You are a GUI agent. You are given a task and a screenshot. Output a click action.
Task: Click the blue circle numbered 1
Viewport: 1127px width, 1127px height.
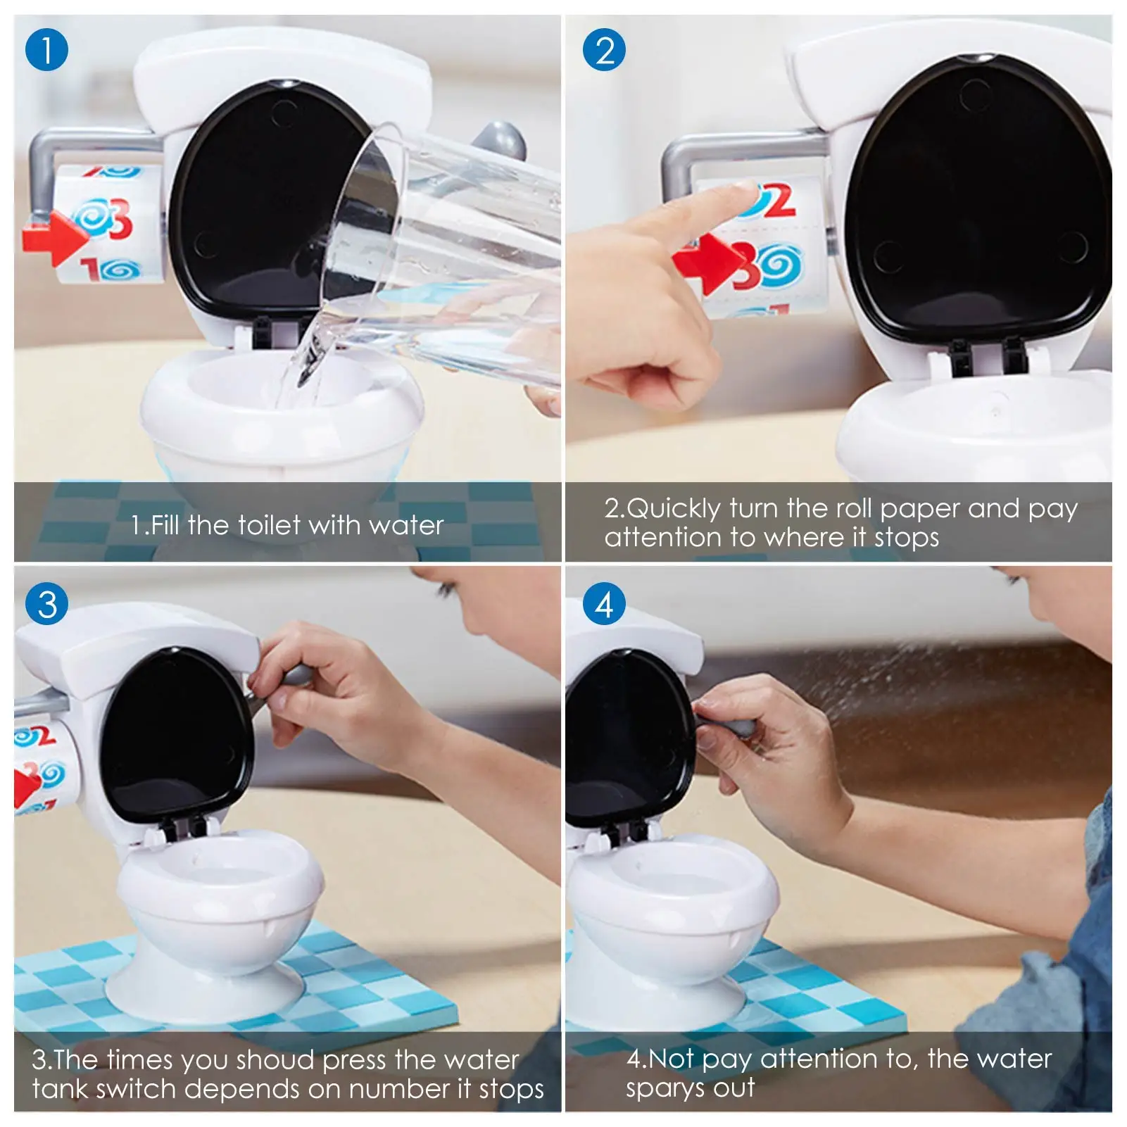(x=46, y=50)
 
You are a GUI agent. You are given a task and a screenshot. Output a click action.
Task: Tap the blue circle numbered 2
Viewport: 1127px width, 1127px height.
(x=604, y=50)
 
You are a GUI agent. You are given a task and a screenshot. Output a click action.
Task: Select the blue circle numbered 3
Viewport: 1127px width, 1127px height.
(x=46, y=604)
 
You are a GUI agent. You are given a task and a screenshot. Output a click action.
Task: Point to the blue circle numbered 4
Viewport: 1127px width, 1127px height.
(x=604, y=604)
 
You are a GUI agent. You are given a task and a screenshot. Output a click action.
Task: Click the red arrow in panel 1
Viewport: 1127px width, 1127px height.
(x=55, y=237)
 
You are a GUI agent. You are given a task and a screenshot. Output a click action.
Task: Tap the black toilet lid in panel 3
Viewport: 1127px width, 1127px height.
(x=176, y=736)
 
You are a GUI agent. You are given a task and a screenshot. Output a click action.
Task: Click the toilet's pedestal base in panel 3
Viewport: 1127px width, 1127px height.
(x=204, y=986)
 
